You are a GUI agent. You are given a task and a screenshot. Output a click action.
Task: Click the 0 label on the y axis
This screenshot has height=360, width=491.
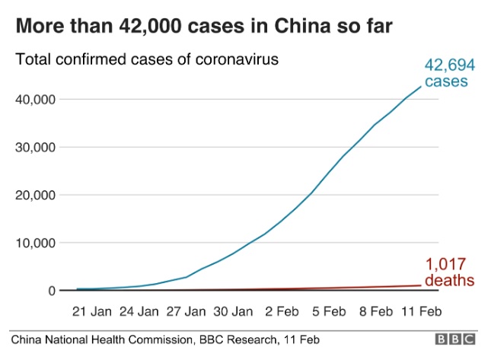coord(52,291)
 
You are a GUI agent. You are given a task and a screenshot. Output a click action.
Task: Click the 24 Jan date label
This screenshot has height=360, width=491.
coord(139,311)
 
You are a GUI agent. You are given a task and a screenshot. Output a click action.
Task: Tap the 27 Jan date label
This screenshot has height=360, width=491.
coord(186,311)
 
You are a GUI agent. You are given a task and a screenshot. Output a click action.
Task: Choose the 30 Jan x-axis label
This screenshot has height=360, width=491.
coord(232,311)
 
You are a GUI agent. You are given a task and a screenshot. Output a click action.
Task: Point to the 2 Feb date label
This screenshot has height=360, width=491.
coord(282,311)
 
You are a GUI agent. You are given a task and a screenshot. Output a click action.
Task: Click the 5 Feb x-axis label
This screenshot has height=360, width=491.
coord(329,311)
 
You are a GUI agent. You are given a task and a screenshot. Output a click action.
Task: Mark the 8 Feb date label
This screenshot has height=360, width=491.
coord(375,311)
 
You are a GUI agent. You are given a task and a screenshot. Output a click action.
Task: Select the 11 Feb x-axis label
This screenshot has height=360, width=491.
coord(421,311)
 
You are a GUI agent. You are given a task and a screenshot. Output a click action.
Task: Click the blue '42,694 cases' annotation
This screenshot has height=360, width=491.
coord(445,73)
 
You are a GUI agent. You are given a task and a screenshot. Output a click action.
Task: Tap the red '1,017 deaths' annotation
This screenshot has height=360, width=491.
coord(449,272)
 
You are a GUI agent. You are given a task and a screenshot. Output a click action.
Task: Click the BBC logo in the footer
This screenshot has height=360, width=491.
coord(455,339)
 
